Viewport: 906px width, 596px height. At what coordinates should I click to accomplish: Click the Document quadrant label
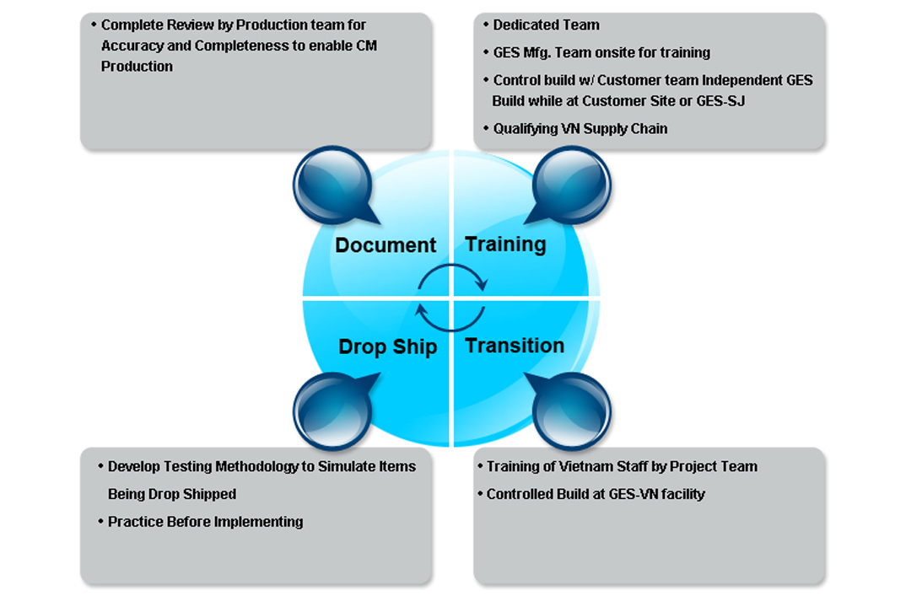click(386, 245)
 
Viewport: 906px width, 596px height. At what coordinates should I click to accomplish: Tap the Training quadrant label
click(505, 244)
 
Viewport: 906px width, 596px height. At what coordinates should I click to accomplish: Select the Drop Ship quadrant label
click(387, 346)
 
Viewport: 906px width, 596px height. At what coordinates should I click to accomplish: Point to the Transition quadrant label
click(515, 346)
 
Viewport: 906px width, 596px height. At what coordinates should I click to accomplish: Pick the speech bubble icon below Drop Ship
click(332, 410)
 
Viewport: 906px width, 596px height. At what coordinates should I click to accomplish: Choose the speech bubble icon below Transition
click(571, 410)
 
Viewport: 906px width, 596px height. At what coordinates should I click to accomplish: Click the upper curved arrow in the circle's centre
click(453, 276)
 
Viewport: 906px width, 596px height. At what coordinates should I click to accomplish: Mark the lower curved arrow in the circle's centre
click(451, 319)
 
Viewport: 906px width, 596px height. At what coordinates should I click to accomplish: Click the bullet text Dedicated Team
click(547, 25)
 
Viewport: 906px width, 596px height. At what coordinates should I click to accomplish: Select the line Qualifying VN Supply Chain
click(580, 129)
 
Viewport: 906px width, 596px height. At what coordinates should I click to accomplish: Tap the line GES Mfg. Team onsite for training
click(601, 52)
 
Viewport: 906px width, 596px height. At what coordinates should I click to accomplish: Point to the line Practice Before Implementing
click(205, 522)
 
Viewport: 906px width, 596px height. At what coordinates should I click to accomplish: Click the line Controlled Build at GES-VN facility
click(596, 494)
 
